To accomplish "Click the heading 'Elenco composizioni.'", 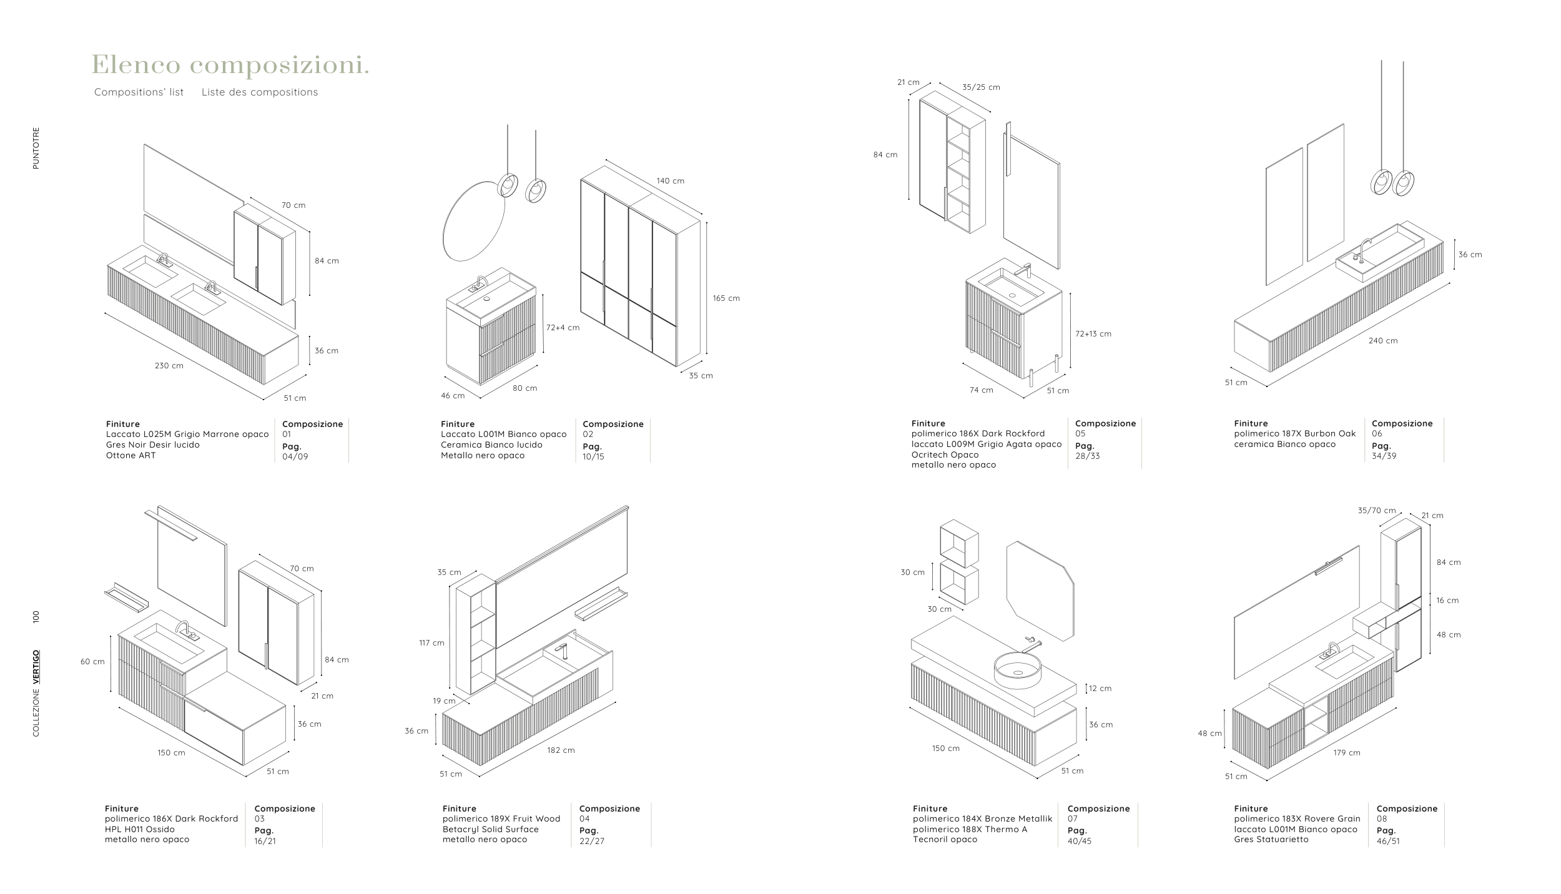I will [230, 65].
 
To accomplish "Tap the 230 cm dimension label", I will [169, 366].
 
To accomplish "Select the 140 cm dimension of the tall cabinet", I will [670, 181].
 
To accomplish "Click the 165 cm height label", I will [726, 298].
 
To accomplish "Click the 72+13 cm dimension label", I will [1093, 334].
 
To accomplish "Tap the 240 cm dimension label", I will [1383, 341].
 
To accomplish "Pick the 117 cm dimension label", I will [431, 643].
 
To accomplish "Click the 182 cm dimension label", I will [561, 750].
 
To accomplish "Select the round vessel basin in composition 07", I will [1018, 670].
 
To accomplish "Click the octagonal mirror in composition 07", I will [1040, 590].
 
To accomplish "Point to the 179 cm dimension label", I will [1347, 753].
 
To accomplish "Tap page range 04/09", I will [295, 456].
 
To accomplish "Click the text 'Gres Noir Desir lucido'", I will [153, 445].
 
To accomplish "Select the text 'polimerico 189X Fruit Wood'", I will [501, 819].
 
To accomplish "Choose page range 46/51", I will [1388, 841].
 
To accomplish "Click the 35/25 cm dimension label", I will [981, 87].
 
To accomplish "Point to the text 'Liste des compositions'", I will [260, 92].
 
